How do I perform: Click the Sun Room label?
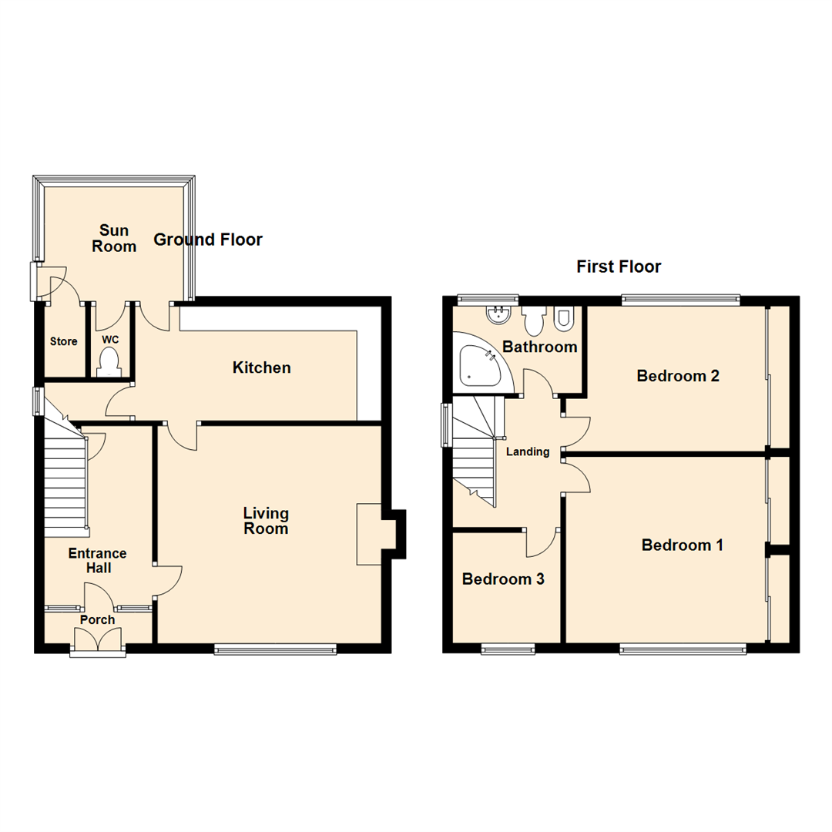[x=119, y=238]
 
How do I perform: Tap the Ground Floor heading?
[x=208, y=240]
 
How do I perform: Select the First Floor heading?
[x=619, y=267]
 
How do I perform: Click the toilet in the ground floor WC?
[x=109, y=361]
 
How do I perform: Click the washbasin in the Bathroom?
[x=497, y=315]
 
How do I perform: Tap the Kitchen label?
[x=262, y=367]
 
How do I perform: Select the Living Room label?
[x=266, y=521]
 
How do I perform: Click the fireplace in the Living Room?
[x=370, y=535]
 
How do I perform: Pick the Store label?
[x=64, y=341]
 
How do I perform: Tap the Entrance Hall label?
[x=97, y=560]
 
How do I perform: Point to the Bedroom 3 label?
[x=503, y=579]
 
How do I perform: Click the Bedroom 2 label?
[x=678, y=376]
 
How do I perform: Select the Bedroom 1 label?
[x=683, y=545]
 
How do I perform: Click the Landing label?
[x=528, y=451]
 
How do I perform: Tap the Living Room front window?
[x=276, y=649]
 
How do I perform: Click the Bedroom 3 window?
[x=508, y=649]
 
